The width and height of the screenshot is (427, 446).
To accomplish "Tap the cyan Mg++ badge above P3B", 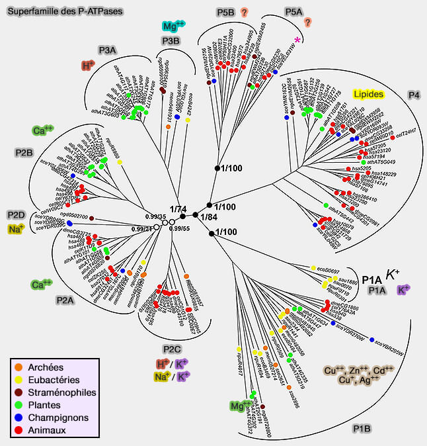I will [x=173, y=26].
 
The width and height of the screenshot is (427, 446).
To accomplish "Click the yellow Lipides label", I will [x=369, y=95].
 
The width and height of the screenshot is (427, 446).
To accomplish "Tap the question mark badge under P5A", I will [x=307, y=22].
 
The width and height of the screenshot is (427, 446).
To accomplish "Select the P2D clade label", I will [x=16, y=215].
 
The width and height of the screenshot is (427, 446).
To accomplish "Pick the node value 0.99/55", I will [x=180, y=228].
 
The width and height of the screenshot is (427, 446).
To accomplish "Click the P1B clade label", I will [x=363, y=429].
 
